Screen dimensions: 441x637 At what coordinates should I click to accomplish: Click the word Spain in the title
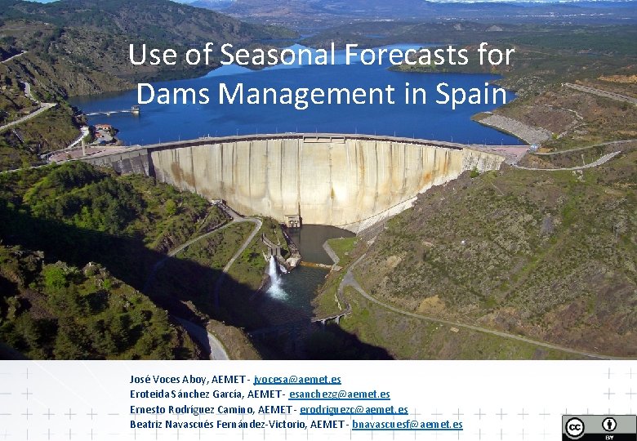pyautogui.click(x=471, y=93)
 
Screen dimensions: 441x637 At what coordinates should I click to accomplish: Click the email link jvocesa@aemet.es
pyautogui.click(x=297, y=380)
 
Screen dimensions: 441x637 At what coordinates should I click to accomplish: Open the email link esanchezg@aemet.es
pyautogui.click(x=339, y=394)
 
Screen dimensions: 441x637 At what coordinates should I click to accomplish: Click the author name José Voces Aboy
pyautogui.click(x=168, y=380)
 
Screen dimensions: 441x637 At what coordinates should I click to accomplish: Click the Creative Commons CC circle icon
pyautogui.click(x=575, y=428)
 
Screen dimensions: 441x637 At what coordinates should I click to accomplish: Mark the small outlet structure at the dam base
pyautogui.click(x=292, y=220)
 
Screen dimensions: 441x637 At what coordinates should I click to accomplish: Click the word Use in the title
pyautogui.click(x=148, y=56)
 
